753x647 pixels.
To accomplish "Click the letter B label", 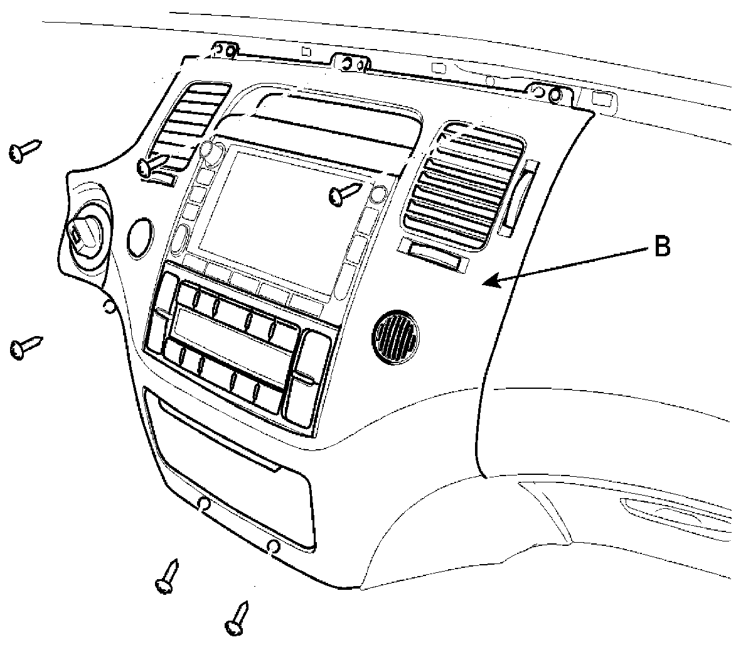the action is click(x=662, y=247).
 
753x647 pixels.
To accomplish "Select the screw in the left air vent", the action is click(x=153, y=166).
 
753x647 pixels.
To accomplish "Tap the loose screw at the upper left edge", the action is click(x=24, y=151).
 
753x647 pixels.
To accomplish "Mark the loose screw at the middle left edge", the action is click(x=25, y=345).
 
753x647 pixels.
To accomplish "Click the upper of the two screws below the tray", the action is click(x=167, y=576).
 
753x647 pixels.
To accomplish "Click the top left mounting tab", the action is click(x=225, y=50).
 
